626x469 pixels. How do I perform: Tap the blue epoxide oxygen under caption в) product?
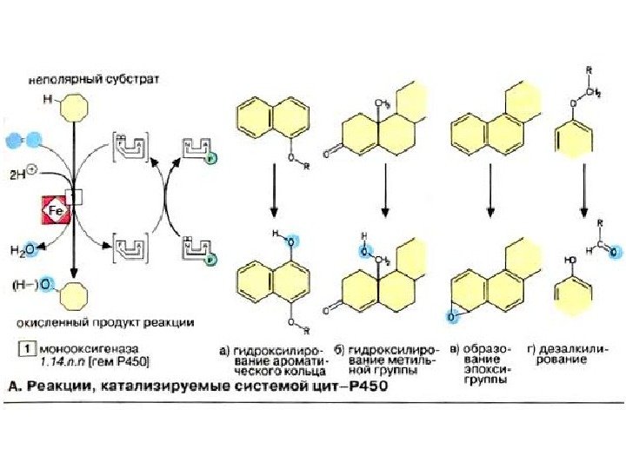point(452,318)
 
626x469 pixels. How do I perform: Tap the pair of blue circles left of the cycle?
point(23,139)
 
